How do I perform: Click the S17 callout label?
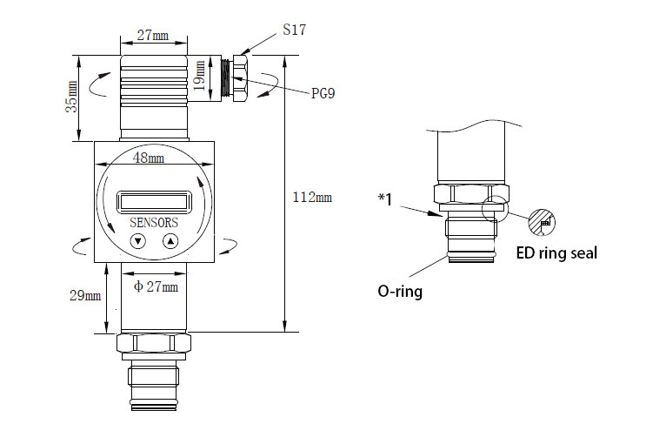(x=294, y=30)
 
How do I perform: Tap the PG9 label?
(x=323, y=93)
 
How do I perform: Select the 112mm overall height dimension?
(x=312, y=197)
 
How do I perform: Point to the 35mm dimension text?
(x=71, y=97)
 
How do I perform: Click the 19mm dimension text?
(x=199, y=76)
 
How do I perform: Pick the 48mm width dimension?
(x=149, y=158)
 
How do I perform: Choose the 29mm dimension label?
(x=85, y=295)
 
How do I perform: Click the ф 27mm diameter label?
(x=156, y=286)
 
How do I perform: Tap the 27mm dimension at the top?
(x=152, y=35)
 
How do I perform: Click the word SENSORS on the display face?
(x=154, y=223)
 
